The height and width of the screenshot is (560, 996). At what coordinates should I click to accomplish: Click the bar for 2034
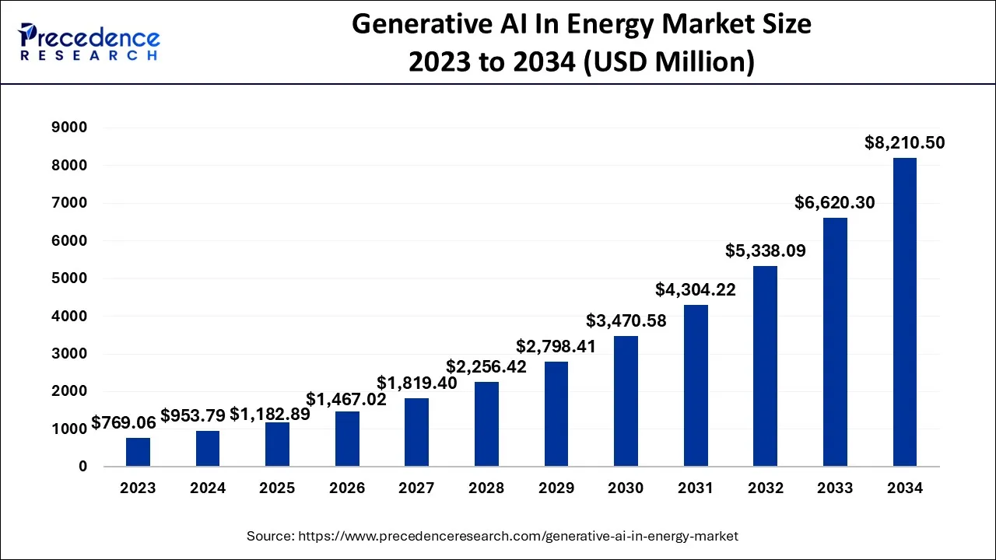[x=904, y=312]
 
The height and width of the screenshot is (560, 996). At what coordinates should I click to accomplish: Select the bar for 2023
[x=138, y=452]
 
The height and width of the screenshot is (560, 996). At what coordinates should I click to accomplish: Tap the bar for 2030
[x=626, y=401]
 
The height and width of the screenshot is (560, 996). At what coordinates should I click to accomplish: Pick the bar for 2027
[x=417, y=432]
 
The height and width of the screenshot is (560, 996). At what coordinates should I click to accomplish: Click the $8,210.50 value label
[x=904, y=143]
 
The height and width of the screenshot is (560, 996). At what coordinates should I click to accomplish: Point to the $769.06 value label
[x=124, y=422]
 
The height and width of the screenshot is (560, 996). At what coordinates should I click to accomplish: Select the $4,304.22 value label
[x=695, y=289]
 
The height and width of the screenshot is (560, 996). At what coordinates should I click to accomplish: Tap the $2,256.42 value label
[x=486, y=366]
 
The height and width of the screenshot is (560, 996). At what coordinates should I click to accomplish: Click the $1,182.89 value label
[x=270, y=415]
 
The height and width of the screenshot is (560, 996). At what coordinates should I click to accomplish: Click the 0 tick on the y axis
[x=82, y=467]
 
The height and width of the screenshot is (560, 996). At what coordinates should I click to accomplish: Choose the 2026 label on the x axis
[x=347, y=488]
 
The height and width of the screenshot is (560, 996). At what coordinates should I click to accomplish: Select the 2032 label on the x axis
[x=765, y=488]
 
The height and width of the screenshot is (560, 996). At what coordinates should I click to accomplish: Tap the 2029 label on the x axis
[x=556, y=488]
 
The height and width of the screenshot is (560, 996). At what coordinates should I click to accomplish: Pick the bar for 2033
[x=835, y=342]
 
